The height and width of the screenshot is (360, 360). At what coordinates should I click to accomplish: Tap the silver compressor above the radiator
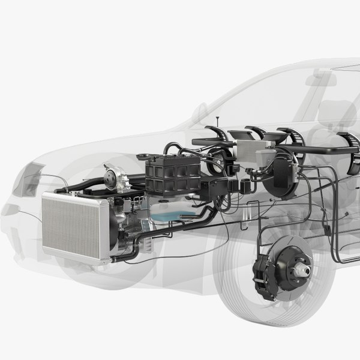117,177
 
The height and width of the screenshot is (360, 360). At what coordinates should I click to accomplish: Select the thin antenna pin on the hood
217,122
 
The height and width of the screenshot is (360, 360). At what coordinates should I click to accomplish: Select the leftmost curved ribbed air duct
219,135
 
